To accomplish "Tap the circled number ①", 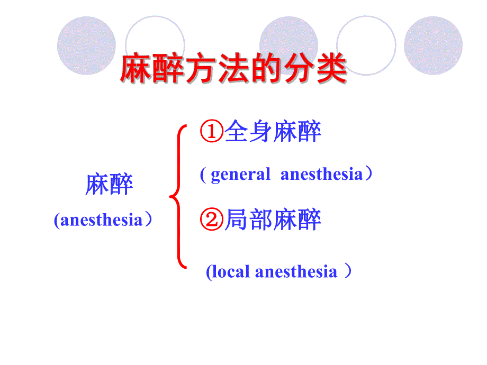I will click(212, 132).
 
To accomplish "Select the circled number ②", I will click(212, 220).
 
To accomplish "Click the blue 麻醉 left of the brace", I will click(109, 185).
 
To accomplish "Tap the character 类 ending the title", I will click(331, 69).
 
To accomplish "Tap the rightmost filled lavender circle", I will click(433, 45).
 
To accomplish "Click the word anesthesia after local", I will click(296, 272).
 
